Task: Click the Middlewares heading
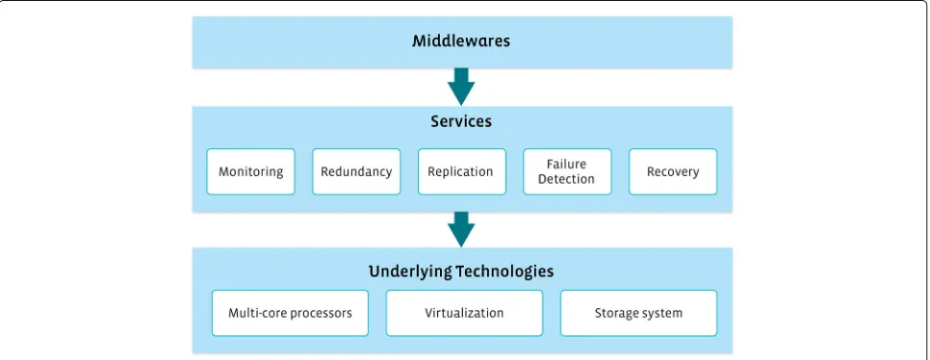click(461, 41)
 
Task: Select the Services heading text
click(461, 121)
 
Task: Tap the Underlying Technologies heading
click(461, 271)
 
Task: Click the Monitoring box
click(250, 171)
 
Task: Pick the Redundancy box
click(356, 171)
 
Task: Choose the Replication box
click(461, 171)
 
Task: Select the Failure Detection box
click(566, 171)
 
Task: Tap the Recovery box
click(673, 171)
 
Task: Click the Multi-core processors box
click(290, 313)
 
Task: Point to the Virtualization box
click(464, 313)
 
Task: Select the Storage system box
click(638, 313)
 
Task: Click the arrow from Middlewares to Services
click(461, 87)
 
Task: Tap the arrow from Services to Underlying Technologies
click(461, 229)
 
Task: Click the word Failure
click(566, 165)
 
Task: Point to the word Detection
click(566, 178)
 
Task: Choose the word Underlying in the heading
click(410, 272)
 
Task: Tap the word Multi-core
click(257, 313)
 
